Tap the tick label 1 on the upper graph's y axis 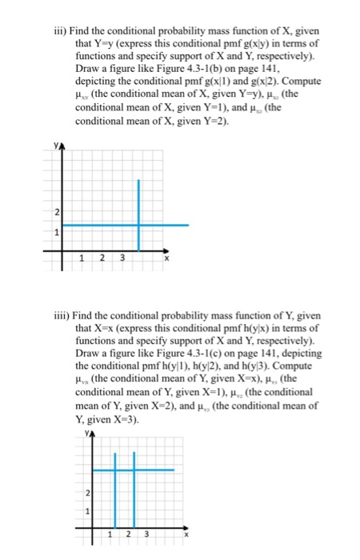click(57, 233)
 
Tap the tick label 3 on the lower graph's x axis click(146, 534)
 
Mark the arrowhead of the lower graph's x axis click(190, 526)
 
